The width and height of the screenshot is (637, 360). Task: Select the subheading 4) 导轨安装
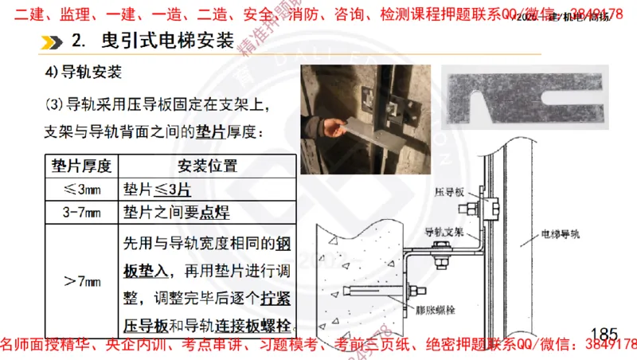83,73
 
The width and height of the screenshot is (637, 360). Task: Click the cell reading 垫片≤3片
157,191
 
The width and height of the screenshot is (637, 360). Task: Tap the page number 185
604,331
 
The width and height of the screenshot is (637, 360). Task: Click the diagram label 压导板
448,194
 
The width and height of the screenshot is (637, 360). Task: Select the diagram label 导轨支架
444,233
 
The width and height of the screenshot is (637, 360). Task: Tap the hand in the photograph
326,127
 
